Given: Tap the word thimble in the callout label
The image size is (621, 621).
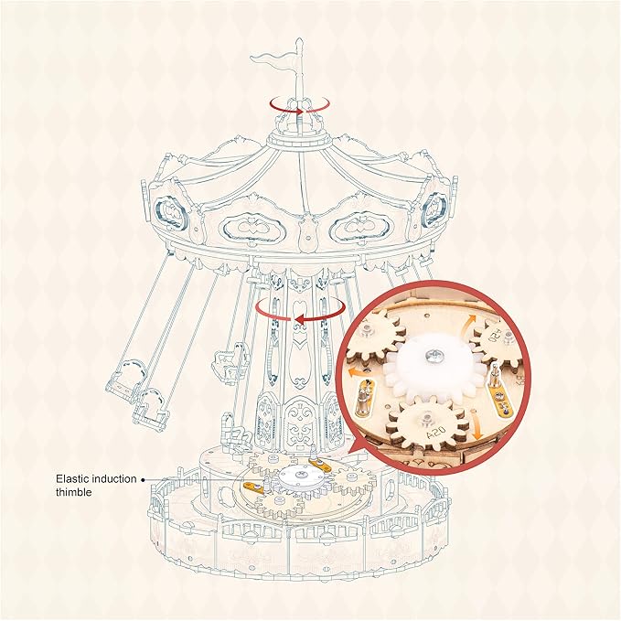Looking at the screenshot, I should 76,492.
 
